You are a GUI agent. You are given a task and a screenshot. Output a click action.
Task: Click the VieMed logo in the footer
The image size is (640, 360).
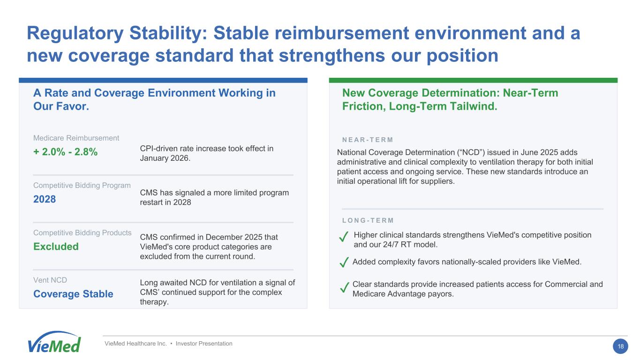[54, 342]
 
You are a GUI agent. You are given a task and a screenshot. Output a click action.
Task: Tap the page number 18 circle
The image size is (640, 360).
[620, 346]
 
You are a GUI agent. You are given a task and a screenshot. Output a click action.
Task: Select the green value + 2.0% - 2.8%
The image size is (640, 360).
[66, 152]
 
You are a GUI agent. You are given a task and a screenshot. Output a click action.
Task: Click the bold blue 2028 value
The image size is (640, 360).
[45, 199]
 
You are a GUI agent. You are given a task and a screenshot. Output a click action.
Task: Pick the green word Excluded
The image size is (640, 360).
[56, 246]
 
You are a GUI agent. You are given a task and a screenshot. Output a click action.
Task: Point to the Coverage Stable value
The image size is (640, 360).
[73, 294]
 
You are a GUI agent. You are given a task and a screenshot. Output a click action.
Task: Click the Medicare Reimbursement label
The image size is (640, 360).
[76, 138]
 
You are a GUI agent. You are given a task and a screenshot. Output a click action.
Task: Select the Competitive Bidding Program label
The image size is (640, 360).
[82, 186]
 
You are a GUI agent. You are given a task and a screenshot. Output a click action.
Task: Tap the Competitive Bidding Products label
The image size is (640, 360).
[83, 232]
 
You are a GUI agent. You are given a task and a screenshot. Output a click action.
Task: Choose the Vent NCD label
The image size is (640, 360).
[50, 280]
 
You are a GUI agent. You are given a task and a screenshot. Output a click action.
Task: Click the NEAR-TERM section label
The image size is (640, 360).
[368, 140]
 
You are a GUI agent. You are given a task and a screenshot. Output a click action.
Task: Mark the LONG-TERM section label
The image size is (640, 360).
[368, 220]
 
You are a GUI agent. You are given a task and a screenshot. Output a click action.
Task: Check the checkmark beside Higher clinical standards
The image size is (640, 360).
[344, 237]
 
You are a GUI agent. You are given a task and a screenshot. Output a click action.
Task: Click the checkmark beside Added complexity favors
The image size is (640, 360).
[344, 262]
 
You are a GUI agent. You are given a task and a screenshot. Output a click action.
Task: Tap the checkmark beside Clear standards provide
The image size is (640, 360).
[345, 287]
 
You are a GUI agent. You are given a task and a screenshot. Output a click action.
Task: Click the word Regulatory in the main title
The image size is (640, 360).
[75, 33]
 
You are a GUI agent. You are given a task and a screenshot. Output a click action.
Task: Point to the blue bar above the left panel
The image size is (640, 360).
[163, 80]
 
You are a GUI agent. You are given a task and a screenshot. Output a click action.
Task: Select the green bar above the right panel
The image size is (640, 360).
[473, 80]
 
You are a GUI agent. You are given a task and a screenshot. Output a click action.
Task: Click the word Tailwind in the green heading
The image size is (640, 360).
[474, 106]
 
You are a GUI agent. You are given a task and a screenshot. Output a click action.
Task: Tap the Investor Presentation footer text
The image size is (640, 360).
[204, 344]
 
